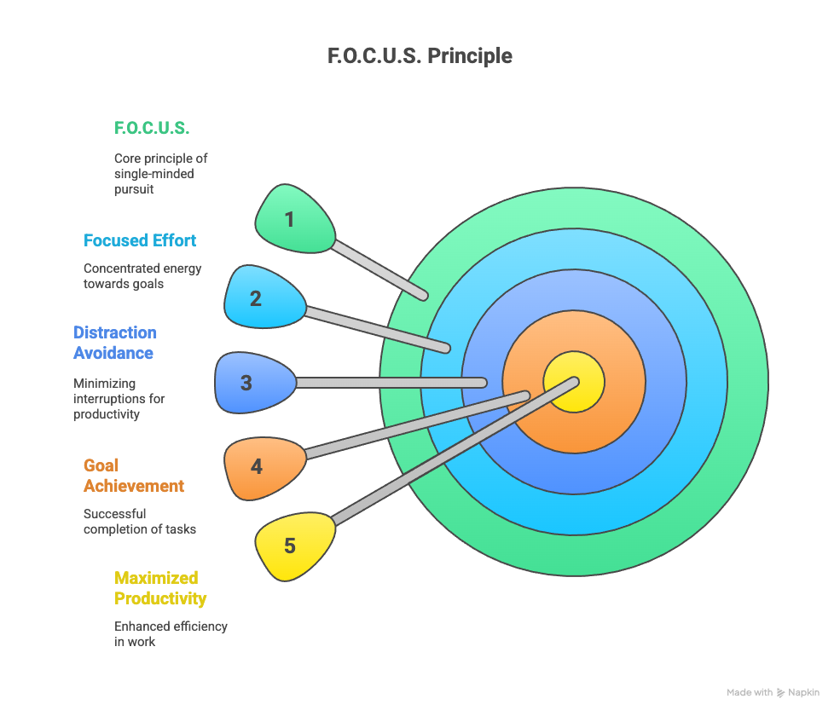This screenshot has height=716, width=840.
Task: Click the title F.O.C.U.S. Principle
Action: (420, 56)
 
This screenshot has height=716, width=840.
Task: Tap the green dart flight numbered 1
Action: (293, 219)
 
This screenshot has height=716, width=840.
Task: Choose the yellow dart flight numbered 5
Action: (293, 546)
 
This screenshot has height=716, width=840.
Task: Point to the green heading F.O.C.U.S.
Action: (152, 129)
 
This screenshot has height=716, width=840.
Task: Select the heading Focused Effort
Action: (140, 240)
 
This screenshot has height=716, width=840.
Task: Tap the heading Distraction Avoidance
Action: (115, 343)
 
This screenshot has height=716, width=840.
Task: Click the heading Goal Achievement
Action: (133, 476)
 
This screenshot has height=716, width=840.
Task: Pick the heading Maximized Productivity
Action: (160, 588)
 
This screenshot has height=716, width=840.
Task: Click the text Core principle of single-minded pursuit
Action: (160, 174)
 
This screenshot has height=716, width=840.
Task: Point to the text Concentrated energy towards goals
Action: (142, 275)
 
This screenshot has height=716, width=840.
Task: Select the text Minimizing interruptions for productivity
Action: (119, 399)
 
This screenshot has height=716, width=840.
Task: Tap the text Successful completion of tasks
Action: (139, 522)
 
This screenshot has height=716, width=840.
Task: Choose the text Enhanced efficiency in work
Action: (171, 633)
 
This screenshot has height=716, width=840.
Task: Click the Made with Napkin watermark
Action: (773, 693)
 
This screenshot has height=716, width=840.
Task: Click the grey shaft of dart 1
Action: (379, 269)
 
